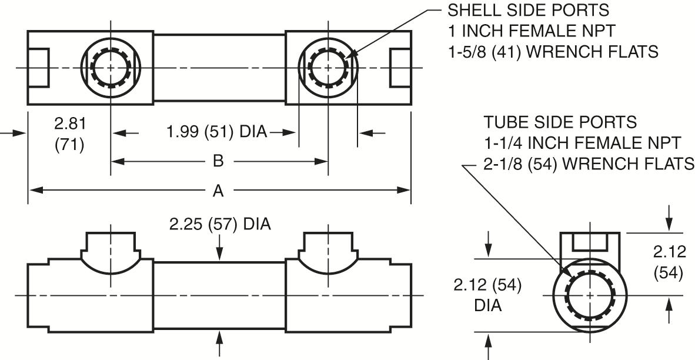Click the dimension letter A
point(218,191)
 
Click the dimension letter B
point(218,161)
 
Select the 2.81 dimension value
point(69,124)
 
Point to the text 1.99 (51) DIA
point(217,132)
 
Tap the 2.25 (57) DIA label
point(220,224)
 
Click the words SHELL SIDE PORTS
point(529,10)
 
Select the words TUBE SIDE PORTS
point(560,122)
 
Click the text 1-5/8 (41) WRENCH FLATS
point(553,52)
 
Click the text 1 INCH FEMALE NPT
point(532,31)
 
